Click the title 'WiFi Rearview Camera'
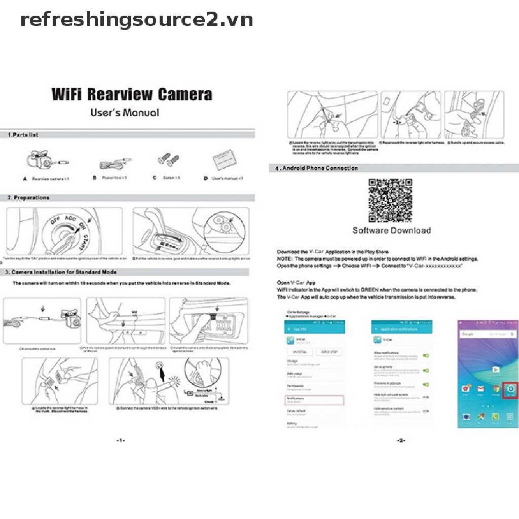132,94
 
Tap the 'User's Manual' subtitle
125,112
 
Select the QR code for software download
390,201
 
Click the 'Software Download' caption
391,231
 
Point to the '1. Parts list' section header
23,135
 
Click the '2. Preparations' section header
28,198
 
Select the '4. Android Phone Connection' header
317,168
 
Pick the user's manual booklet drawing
225,162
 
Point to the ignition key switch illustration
64,231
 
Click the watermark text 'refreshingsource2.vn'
136,20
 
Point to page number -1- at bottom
120,440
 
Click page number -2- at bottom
400,440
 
